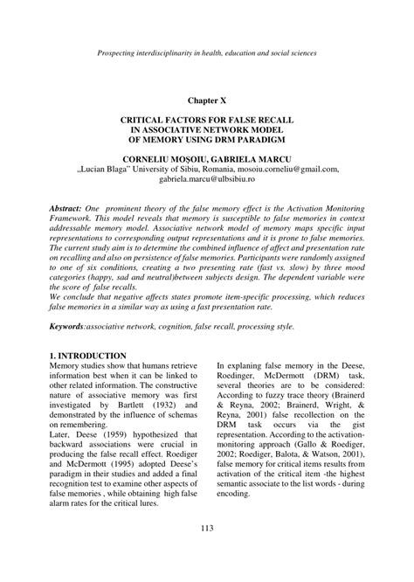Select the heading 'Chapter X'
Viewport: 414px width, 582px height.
(x=206, y=101)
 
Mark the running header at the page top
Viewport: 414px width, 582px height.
(x=207, y=55)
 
